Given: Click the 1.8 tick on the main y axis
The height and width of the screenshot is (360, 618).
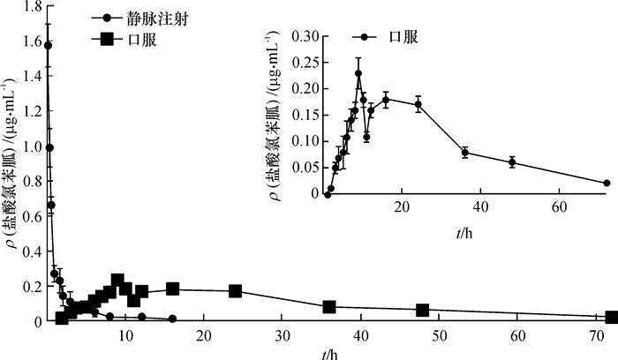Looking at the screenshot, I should (25, 7).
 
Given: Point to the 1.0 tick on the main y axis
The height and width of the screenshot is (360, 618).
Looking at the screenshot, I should (25, 147).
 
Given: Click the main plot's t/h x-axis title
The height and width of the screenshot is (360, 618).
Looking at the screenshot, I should (328, 352).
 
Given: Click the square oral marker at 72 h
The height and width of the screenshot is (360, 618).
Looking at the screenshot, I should (612, 317).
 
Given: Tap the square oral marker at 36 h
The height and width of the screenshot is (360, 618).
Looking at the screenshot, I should (329, 306).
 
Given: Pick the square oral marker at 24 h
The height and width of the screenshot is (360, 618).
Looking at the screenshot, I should (236, 291).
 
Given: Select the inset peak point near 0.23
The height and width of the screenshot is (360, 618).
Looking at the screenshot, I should (358, 73).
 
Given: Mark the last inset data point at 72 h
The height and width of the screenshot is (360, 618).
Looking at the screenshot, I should (607, 183).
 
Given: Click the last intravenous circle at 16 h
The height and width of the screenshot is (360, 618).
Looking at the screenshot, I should (172, 319).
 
